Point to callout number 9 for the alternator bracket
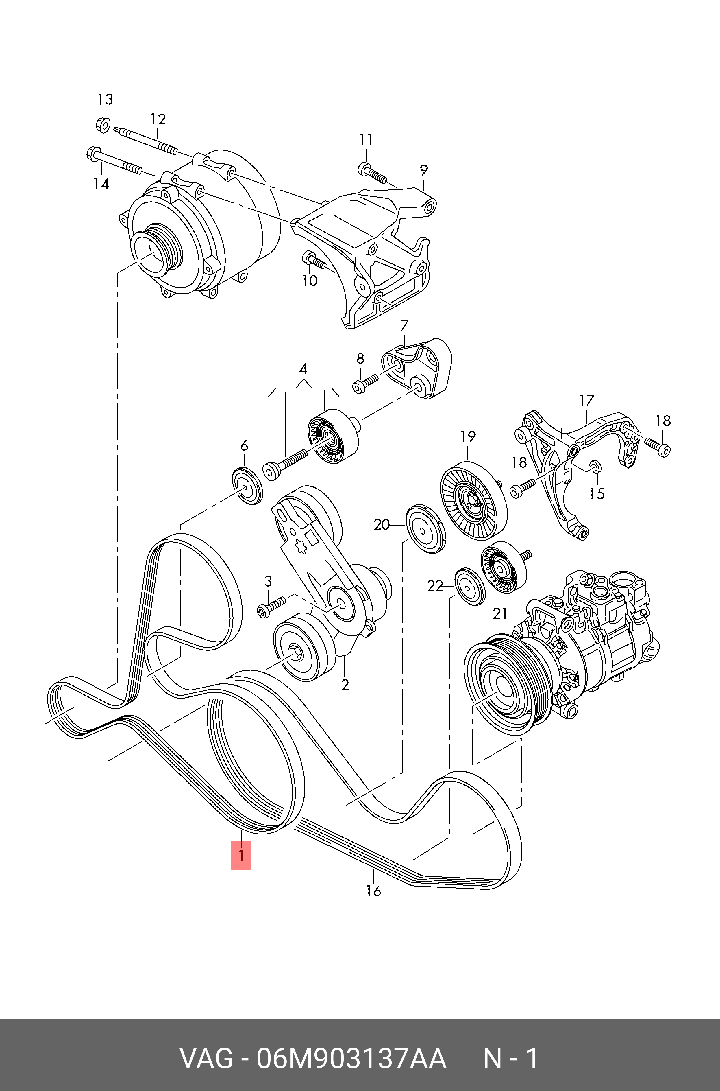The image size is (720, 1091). tap(424, 170)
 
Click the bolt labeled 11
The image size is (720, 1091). tap(371, 173)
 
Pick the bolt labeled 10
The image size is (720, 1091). tap(314, 261)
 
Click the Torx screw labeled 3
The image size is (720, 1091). tap(271, 606)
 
